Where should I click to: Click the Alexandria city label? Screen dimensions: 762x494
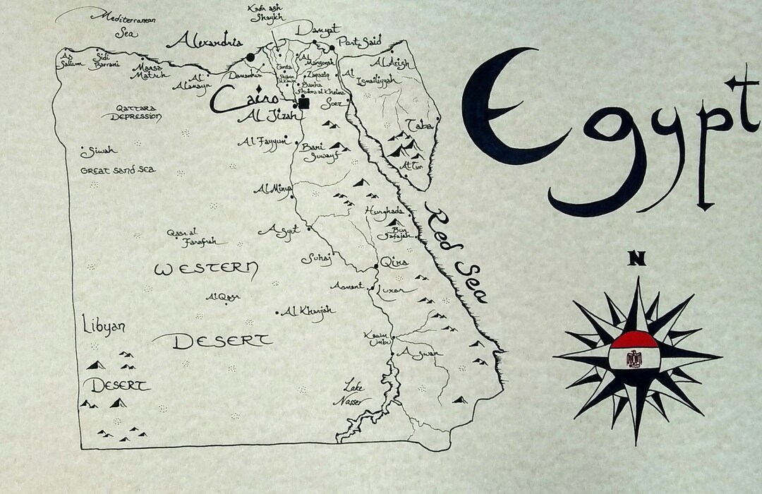point(205,40)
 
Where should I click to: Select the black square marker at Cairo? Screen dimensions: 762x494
point(304,103)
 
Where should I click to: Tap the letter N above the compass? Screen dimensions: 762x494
point(637,259)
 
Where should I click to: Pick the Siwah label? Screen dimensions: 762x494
point(99,151)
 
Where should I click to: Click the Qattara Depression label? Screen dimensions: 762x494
point(131,113)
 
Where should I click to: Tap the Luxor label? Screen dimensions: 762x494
point(392,290)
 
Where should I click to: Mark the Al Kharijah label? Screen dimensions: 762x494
point(309,311)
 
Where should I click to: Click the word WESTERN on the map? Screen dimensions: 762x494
point(206,269)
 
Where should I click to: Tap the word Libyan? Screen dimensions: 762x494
point(104,327)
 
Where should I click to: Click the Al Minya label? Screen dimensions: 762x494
point(273,189)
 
